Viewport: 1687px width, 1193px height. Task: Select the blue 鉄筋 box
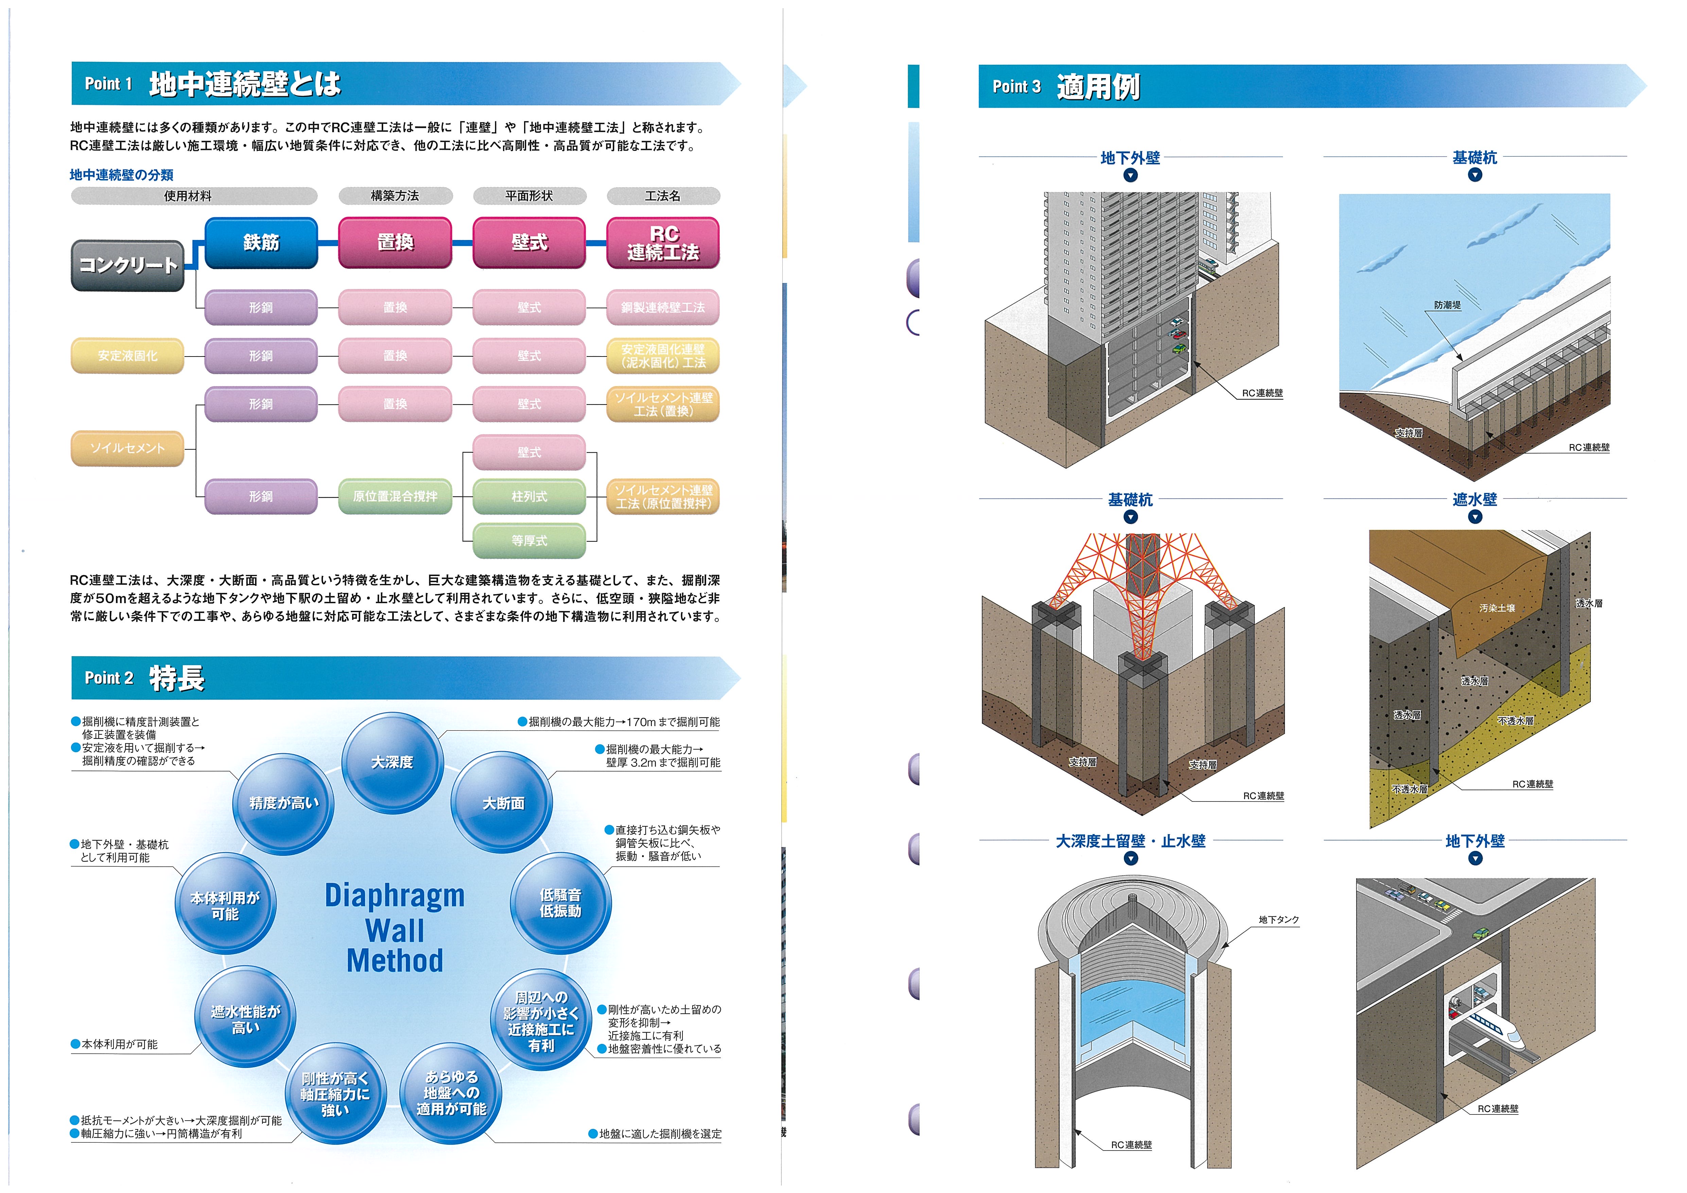tap(261, 243)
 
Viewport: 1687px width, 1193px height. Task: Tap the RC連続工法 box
tap(663, 243)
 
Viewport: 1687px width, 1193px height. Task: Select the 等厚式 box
tap(529, 541)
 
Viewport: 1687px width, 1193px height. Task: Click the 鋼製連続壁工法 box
tap(663, 307)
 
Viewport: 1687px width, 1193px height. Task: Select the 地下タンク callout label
tap(1279, 919)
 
